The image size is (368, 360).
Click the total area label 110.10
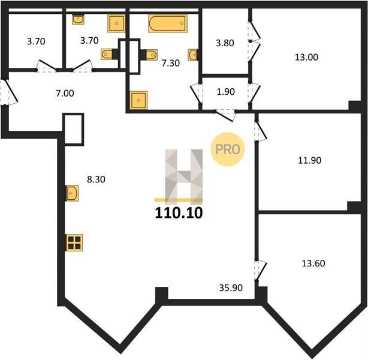click(x=179, y=213)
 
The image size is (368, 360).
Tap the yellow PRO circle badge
click(x=228, y=149)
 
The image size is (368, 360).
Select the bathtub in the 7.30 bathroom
click(x=168, y=23)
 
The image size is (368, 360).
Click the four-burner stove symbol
click(x=74, y=243)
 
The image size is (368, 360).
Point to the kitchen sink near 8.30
click(x=72, y=193)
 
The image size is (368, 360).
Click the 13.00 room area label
click(x=306, y=57)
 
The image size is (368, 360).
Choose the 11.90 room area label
click(x=309, y=160)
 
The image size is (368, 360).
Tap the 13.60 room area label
click(x=313, y=263)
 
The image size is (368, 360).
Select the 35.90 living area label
click(x=231, y=288)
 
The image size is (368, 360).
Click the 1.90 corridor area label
click(x=226, y=92)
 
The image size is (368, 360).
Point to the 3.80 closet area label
click(x=225, y=43)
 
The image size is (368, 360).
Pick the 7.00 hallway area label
click(x=65, y=93)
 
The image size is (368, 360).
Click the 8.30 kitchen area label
click(x=96, y=179)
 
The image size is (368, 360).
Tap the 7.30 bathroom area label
click(x=171, y=63)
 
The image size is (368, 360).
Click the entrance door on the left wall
click(x=9, y=92)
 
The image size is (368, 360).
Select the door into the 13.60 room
click(x=261, y=270)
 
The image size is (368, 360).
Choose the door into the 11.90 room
click(x=261, y=131)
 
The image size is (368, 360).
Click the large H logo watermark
click(x=183, y=176)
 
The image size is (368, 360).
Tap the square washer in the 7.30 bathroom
click(x=138, y=100)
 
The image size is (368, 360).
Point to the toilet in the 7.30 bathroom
click(x=149, y=55)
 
